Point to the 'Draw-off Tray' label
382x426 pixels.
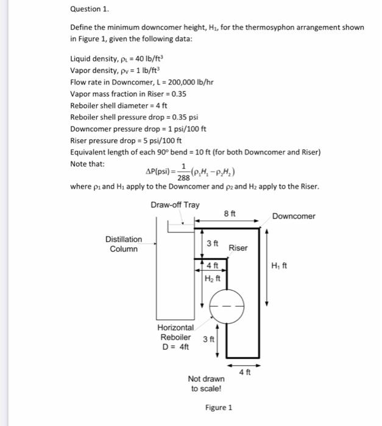175,204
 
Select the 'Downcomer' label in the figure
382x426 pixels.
294,216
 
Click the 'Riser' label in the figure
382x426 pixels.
238,248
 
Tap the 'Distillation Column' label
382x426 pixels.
124,244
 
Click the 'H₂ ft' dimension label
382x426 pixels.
214,279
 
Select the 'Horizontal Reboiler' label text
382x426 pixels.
175,333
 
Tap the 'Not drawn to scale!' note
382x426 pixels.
206,383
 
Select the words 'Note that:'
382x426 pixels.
88,164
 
